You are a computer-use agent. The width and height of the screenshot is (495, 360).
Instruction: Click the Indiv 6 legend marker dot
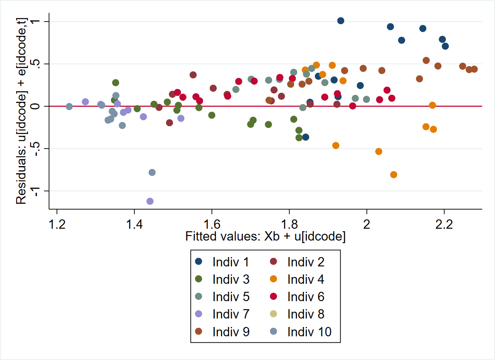point(274,296)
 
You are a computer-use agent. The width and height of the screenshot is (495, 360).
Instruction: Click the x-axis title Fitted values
point(265,236)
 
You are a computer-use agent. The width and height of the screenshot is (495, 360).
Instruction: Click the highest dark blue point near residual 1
point(341,21)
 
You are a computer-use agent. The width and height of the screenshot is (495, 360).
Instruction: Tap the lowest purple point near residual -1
point(150,201)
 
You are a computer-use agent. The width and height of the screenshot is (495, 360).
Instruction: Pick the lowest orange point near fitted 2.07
point(394,174)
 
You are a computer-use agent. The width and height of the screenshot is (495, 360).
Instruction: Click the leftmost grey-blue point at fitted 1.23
point(69,106)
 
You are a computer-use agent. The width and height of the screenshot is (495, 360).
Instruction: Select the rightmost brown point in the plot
point(474,69)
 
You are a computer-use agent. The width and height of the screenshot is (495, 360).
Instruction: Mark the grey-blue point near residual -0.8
point(152,172)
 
